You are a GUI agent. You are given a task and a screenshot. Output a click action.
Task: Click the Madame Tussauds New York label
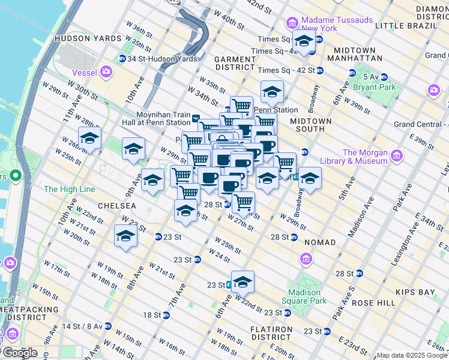337,24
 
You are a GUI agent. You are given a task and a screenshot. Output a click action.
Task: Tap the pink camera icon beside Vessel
107,73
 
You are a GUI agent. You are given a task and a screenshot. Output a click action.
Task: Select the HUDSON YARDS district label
80,38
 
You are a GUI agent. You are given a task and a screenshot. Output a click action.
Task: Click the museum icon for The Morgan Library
396,157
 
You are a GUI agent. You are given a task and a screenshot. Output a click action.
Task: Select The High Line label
69,189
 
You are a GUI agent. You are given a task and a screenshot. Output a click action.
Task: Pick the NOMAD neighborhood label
320,242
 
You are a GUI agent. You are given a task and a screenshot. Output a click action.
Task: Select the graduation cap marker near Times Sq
304,41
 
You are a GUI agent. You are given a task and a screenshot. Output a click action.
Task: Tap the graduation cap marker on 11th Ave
89,138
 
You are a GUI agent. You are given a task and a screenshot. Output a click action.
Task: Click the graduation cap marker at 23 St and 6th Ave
243,281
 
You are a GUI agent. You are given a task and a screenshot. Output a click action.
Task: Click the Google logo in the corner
19,353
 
